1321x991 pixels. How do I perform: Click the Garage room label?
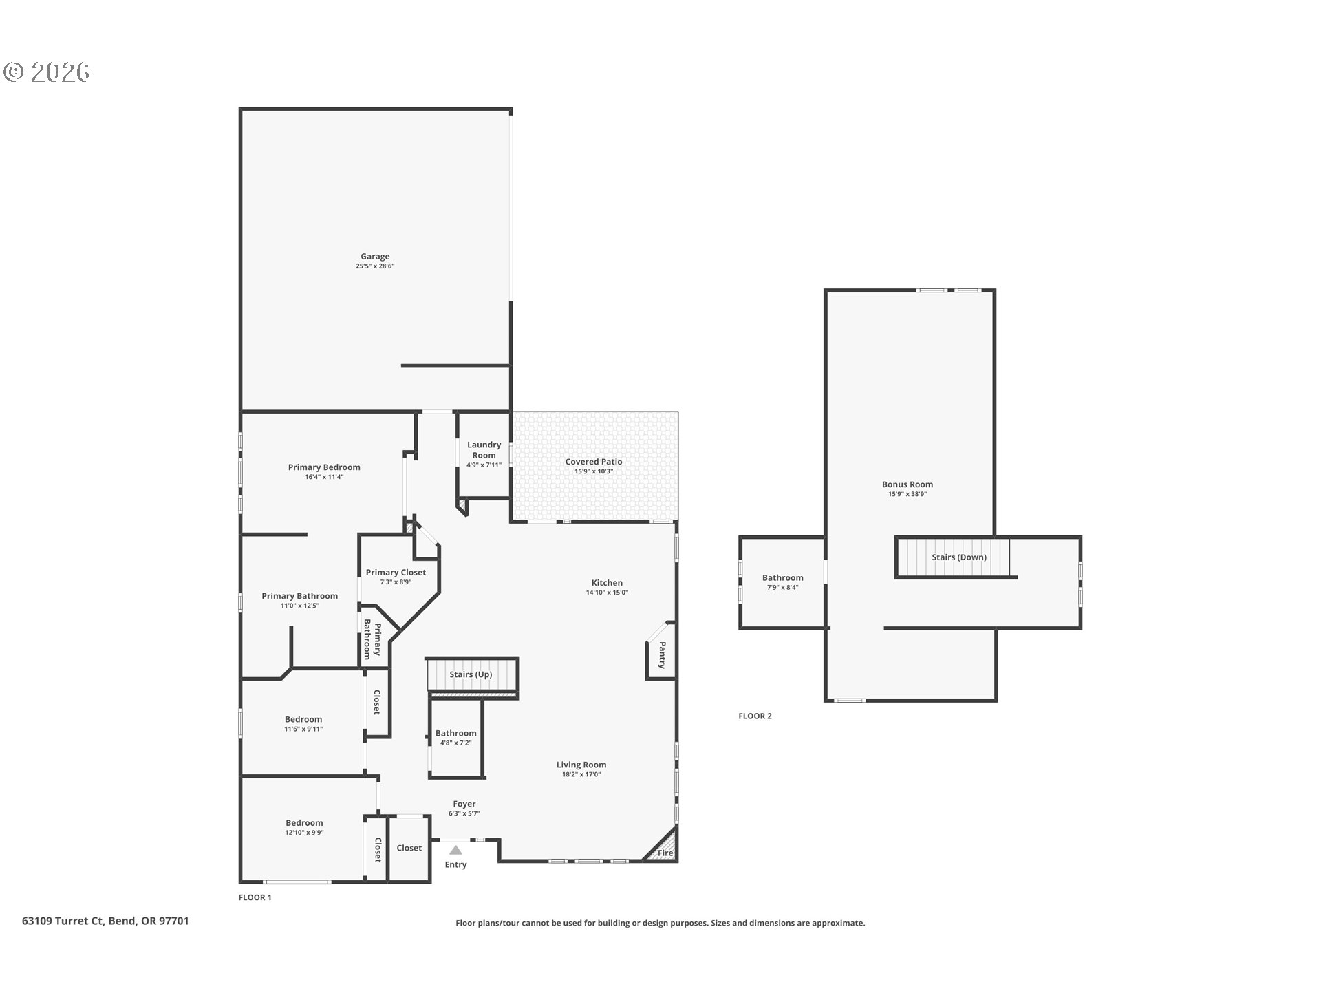[x=375, y=257]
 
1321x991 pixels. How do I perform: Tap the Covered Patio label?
[x=594, y=462]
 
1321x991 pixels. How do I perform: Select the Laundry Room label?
[x=484, y=450]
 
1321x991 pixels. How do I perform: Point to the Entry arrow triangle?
[x=455, y=850]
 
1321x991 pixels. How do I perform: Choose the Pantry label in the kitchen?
[x=662, y=655]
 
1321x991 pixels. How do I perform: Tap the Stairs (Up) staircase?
[x=471, y=674]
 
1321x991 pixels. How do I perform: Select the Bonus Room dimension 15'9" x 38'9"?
[x=907, y=494]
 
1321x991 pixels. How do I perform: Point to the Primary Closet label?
[x=396, y=573]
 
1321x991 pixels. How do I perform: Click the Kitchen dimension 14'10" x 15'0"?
[x=607, y=593]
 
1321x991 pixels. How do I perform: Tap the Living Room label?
[x=581, y=765]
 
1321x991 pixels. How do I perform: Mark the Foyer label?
[x=464, y=804]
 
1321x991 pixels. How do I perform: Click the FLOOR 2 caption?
[x=755, y=716]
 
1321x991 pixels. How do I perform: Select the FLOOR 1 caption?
[x=255, y=897]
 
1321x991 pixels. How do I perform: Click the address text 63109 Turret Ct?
[x=63, y=921]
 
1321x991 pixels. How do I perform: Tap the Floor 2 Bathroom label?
[x=782, y=578]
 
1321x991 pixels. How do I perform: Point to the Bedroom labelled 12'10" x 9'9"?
[x=304, y=823]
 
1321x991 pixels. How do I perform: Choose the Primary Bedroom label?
[x=324, y=467]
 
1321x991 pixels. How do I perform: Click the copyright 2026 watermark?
[x=47, y=72]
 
